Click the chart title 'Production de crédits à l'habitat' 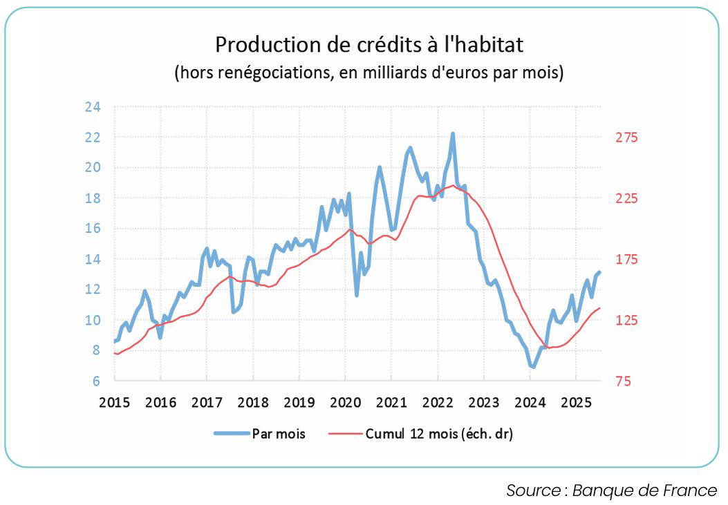pyautogui.click(x=369, y=44)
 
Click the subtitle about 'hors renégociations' pyautogui.click(x=369, y=72)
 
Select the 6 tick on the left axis pyautogui.click(x=96, y=381)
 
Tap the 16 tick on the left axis pyautogui.click(x=93, y=229)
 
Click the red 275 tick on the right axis pyautogui.click(x=627, y=137)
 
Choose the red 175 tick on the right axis pyautogui.click(x=627, y=259)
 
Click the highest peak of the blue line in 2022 pyautogui.click(x=453, y=133)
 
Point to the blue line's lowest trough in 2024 pyautogui.click(x=532, y=367)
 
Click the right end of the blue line pyautogui.click(x=599, y=272)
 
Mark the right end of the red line pyautogui.click(x=599, y=308)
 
